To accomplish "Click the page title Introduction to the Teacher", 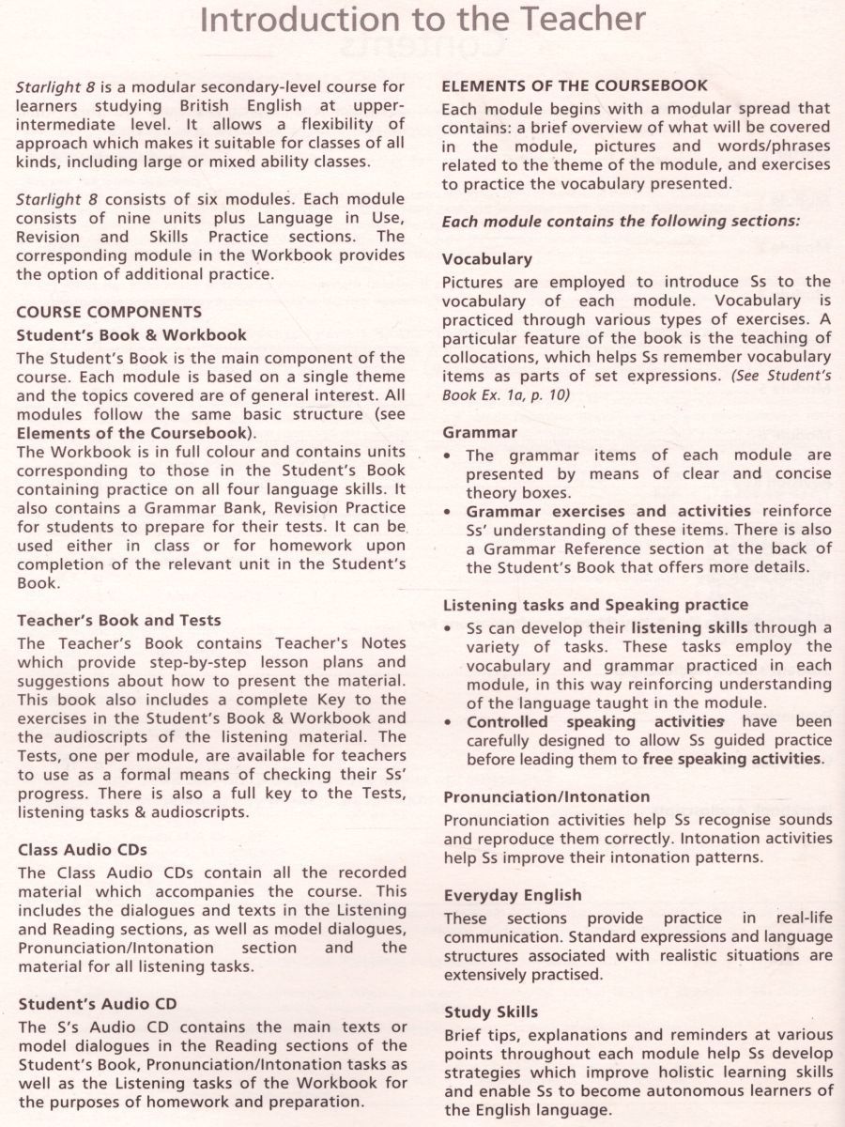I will point(422,21).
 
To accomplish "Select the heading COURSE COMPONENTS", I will point(109,312).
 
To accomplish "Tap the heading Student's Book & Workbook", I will point(132,334).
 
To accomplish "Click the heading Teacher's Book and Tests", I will point(120,620).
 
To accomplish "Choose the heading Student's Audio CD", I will point(98,1004).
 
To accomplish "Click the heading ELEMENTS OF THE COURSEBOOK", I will point(575,85).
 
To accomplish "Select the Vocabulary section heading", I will point(487,258).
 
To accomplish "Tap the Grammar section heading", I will point(480,432).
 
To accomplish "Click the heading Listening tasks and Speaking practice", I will point(595,605).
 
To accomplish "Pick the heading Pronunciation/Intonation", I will point(546,797).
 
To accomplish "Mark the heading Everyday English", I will point(513,895).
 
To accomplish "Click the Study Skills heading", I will point(491,1012).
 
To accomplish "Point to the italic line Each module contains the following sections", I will point(621,221).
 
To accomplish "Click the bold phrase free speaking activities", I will point(732,759).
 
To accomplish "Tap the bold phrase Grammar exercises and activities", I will point(608,511).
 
